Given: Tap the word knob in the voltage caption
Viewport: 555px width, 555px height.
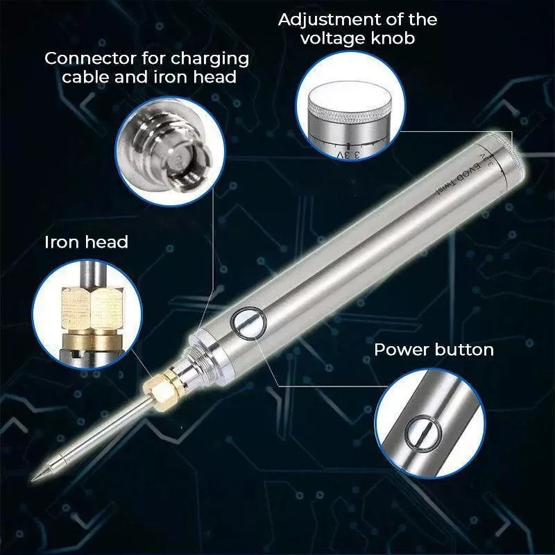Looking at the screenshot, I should [393, 39].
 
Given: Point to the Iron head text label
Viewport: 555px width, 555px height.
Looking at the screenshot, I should [86, 242].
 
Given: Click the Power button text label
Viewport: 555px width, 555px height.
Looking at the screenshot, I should [434, 349].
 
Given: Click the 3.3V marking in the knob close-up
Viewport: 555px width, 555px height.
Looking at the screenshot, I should [350, 152].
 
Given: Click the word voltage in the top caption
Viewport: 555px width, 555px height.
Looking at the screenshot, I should [331, 39].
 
